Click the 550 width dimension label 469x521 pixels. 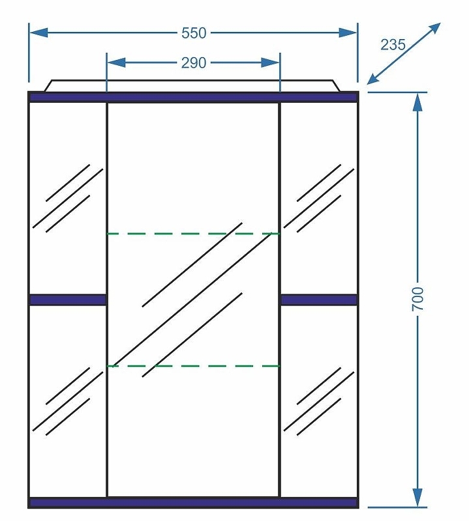[193, 32]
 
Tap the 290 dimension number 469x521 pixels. [193, 63]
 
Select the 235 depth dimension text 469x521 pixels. [393, 44]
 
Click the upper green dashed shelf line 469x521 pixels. [193, 233]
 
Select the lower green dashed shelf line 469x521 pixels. [193, 366]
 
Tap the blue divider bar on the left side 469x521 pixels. [68, 300]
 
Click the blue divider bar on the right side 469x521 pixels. [319, 300]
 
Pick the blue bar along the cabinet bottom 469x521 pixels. [193, 502]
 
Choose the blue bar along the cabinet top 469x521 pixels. [193, 97]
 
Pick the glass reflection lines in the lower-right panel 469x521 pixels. [319, 401]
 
